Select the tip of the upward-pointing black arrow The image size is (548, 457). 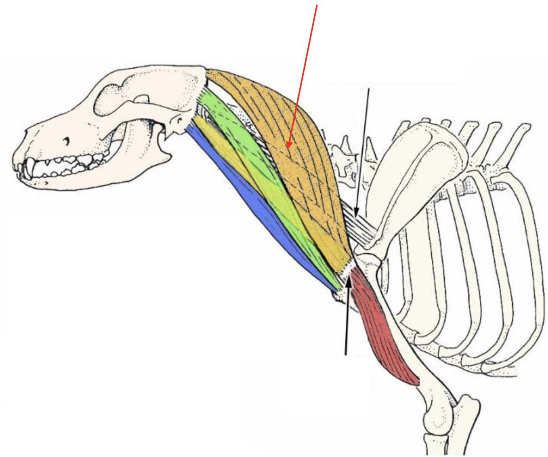click(349, 277)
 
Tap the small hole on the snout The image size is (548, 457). click(66, 142)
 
